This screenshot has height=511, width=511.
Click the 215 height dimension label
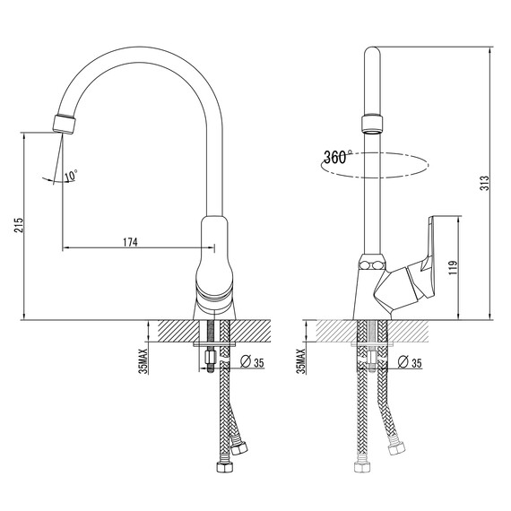(x=19, y=225)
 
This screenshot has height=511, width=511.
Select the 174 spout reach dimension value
(x=130, y=242)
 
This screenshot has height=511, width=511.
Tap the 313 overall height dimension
(x=485, y=183)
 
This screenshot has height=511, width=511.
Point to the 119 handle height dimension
(x=454, y=267)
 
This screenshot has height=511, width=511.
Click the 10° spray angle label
(x=71, y=176)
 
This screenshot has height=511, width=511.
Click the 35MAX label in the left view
(x=143, y=360)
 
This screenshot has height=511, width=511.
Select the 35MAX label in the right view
(x=302, y=360)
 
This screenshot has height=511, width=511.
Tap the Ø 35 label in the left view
(x=252, y=362)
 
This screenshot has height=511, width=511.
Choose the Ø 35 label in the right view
(x=410, y=362)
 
